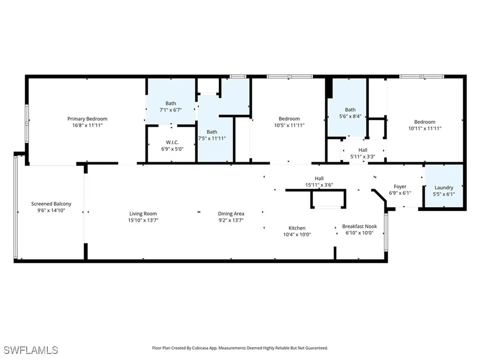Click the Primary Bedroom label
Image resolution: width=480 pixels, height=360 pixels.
click(x=87, y=119)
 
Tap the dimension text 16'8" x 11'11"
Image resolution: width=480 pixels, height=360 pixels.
click(x=87, y=126)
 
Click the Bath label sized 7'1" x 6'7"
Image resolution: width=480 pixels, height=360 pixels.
click(x=171, y=104)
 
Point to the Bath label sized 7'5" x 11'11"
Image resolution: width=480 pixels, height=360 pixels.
click(x=212, y=132)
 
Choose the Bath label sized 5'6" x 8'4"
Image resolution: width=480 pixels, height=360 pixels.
click(x=350, y=110)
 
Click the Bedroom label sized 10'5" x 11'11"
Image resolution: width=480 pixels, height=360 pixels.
click(x=289, y=119)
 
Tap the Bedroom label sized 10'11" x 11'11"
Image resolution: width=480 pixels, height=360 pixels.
click(x=425, y=122)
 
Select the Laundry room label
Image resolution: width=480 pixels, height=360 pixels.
click(x=444, y=187)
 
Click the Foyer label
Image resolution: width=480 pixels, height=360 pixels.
click(x=400, y=187)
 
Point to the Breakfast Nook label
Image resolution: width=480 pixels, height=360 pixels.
click(x=359, y=226)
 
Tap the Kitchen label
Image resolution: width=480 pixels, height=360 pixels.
click(x=297, y=228)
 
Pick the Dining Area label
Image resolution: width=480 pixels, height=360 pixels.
click(x=231, y=214)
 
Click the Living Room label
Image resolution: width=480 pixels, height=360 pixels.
click(x=143, y=214)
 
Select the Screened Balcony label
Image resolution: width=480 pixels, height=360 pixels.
click(x=51, y=203)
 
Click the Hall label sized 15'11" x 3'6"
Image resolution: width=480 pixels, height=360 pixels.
click(x=319, y=178)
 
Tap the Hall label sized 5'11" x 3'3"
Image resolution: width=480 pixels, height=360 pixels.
click(x=363, y=150)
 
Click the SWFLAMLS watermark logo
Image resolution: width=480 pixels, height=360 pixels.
click(x=31, y=350)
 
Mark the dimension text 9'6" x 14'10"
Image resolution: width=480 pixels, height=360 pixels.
click(x=51, y=210)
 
